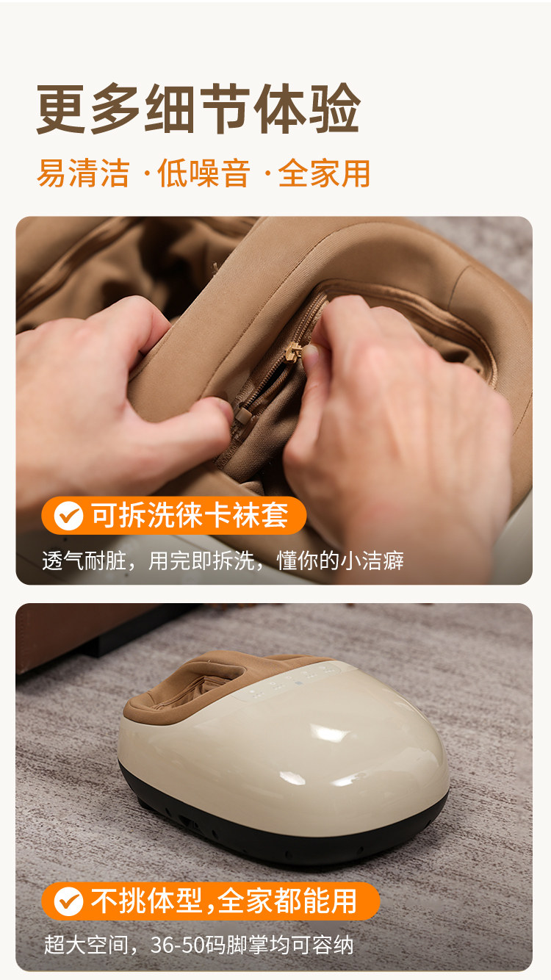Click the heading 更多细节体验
click(198, 109)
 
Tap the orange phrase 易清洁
click(83, 173)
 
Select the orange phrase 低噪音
click(204, 173)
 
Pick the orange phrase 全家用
click(324, 173)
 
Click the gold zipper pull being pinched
click(293, 352)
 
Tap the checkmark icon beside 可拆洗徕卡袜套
click(69, 516)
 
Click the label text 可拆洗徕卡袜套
click(190, 516)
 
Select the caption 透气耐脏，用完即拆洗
click(148, 561)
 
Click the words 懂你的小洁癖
click(340, 561)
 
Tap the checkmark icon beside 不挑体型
click(69, 901)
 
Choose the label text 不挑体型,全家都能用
click(223, 901)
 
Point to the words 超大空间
click(85, 945)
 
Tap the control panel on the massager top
click(292, 681)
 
